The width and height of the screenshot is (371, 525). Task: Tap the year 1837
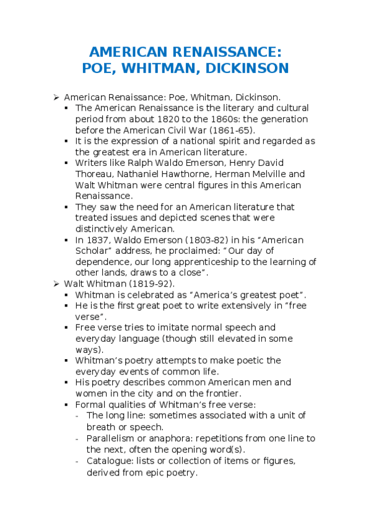click(96, 240)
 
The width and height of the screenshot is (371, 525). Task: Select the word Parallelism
click(111, 438)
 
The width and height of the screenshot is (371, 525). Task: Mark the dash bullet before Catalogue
click(77, 461)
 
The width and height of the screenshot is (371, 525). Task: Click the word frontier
click(220, 393)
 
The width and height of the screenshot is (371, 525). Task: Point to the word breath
click(100, 427)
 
